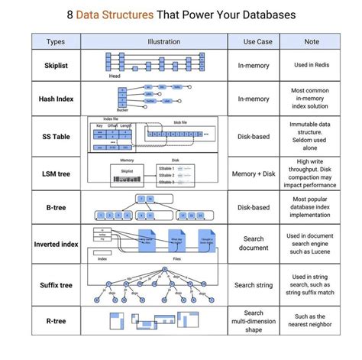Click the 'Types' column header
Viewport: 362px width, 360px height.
(x=56, y=42)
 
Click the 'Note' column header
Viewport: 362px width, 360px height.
(x=311, y=42)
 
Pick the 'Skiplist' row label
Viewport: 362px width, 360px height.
(x=56, y=65)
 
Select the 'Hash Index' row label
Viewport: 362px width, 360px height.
(x=56, y=99)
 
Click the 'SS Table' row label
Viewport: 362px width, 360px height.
(x=56, y=136)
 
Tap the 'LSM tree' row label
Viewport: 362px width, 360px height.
(x=56, y=174)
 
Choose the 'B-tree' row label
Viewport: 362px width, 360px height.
(x=56, y=206)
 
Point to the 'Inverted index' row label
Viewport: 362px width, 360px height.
(x=56, y=244)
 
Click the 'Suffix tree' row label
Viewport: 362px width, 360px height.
(x=56, y=284)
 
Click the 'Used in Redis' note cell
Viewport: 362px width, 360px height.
(x=311, y=65)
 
